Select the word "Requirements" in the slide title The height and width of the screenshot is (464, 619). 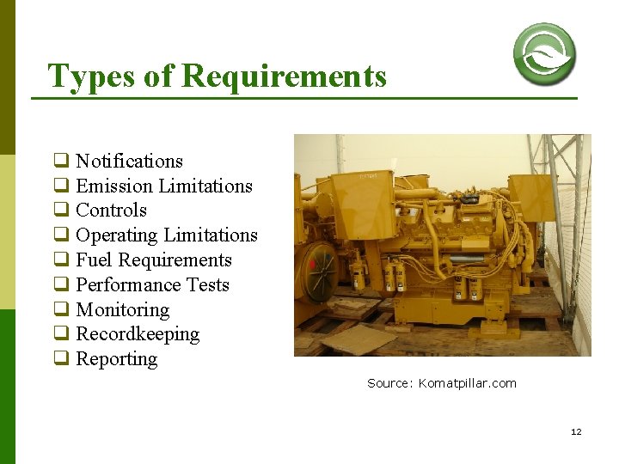pyautogui.click(x=285, y=76)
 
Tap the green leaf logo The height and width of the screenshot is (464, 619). pyautogui.click(x=544, y=53)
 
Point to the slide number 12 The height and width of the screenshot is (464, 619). pyautogui.click(x=576, y=431)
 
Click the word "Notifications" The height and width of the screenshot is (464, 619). pyautogui.click(x=129, y=161)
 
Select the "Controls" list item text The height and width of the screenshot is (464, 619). pyautogui.click(x=111, y=211)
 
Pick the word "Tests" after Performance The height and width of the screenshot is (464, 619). pyautogui.click(x=205, y=284)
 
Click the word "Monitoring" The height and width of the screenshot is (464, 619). pyautogui.click(x=122, y=309)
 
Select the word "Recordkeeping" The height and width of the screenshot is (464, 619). pyautogui.click(x=138, y=334)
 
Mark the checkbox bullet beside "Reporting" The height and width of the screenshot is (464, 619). pyautogui.click(x=61, y=359)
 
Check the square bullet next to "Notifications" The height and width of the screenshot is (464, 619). pyautogui.click(x=61, y=161)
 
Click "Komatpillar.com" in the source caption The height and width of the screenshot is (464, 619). pyautogui.click(x=468, y=383)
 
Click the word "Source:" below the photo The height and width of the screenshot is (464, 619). pyautogui.click(x=390, y=383)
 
